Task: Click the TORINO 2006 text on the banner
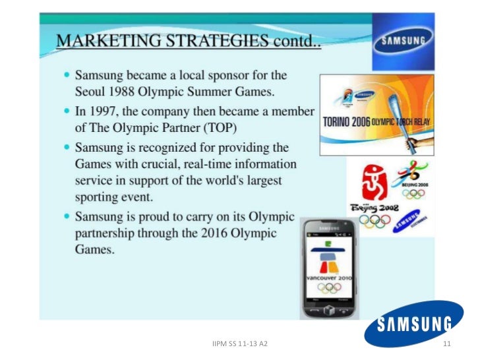coord(353,121)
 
